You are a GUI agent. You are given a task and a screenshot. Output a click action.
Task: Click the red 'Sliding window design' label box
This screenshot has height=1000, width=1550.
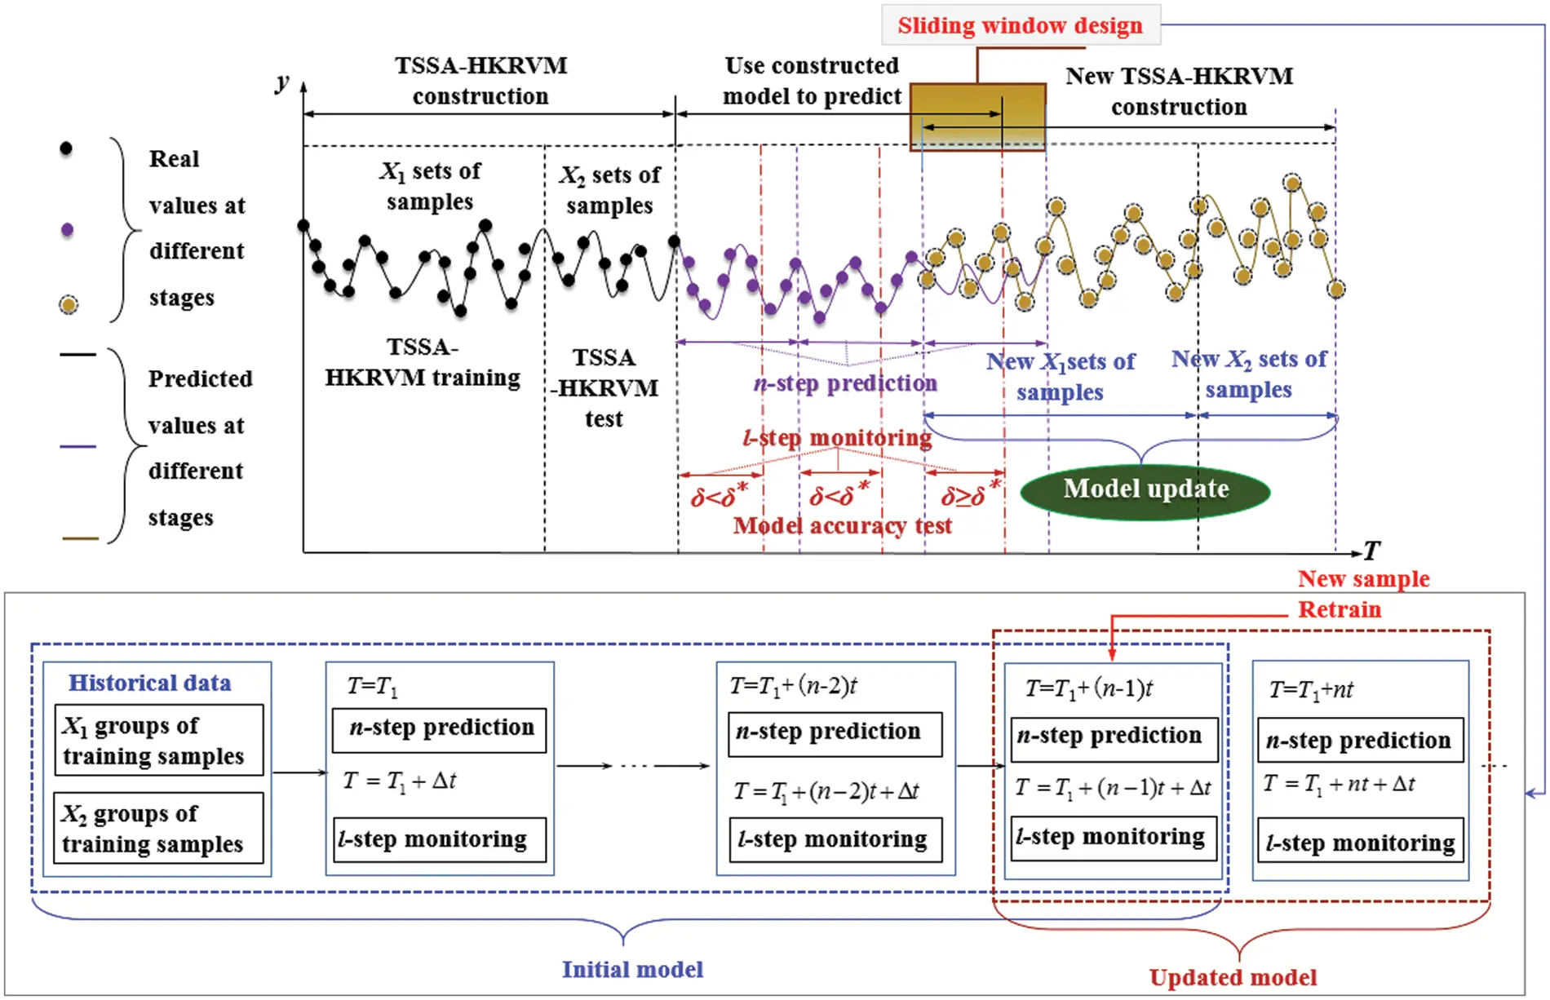coord(1020,25)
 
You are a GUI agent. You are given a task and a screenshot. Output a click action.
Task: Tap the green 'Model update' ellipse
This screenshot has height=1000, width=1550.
coord(1145,490)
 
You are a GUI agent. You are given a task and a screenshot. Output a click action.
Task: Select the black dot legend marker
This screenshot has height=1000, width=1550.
coord(66,148)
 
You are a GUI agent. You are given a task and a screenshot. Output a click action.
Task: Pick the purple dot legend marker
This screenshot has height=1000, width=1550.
coord(67,230)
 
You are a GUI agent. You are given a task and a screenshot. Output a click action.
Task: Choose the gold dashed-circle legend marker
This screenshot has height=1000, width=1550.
coord(69,305)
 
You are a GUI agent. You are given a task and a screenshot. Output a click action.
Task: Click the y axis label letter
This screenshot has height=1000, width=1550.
coord(282,82)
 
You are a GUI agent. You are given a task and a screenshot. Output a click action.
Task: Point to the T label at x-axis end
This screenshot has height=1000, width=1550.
coord(1372,551)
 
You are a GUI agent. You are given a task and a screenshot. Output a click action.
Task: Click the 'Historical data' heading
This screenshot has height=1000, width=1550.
coord(149,683)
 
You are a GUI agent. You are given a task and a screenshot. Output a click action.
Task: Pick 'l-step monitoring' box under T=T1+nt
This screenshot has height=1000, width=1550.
coord(1360,841)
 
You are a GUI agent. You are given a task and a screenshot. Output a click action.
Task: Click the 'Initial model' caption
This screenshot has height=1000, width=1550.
coord(632,969)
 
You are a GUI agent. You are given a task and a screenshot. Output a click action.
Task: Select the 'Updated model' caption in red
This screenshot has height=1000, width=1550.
coord(1233,977)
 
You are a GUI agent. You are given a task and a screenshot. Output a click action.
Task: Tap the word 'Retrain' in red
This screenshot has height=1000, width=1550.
coord(1340,609)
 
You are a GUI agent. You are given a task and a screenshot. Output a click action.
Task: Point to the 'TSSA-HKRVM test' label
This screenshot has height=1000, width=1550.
coord(603,388)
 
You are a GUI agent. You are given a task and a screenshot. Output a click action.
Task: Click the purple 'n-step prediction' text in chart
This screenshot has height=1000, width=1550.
coord(845,383)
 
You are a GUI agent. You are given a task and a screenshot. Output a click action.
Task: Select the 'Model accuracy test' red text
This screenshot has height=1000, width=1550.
coord(842,526)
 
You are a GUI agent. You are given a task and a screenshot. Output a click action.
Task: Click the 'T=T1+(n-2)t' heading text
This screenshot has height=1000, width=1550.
coord(793,686)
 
